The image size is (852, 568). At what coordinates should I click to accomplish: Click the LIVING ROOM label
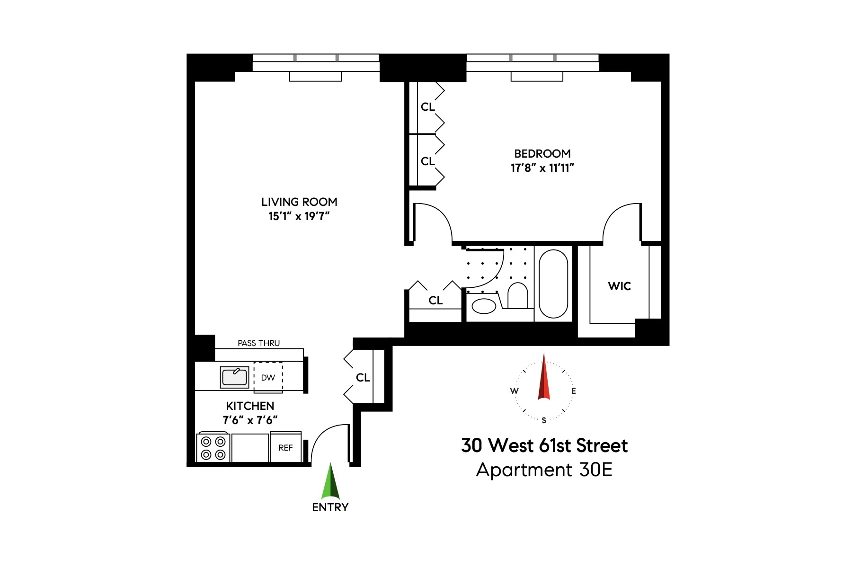pos(299,202)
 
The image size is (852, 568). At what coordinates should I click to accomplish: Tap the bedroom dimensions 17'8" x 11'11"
pos(542,168)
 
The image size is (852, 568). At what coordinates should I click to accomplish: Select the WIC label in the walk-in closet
pos(619,286)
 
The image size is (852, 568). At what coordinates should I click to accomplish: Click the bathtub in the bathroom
pos(553,284)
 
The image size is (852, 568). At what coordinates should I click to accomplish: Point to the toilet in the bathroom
pos(517,296)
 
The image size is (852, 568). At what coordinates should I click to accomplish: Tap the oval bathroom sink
pos(484,306)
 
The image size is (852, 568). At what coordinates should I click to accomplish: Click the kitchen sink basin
pos(234,377)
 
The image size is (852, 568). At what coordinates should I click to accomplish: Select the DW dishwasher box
pos(268,378)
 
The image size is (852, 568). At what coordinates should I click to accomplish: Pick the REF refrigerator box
pos(285,448)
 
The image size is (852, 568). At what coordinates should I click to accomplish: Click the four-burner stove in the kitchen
pos(213,448)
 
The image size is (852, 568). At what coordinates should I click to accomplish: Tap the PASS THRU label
pos(258,343)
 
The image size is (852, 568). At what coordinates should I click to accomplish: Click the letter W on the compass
pos(514,391)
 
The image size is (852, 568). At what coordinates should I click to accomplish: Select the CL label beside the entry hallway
pos(363,378)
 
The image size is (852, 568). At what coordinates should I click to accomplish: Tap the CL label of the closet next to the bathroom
pos(435,301)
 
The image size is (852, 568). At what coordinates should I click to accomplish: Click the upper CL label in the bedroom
pos(427,107)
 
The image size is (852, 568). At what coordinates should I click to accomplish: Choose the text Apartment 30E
pos(544,470)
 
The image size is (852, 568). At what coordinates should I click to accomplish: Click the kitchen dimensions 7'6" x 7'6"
pos(250,420)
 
